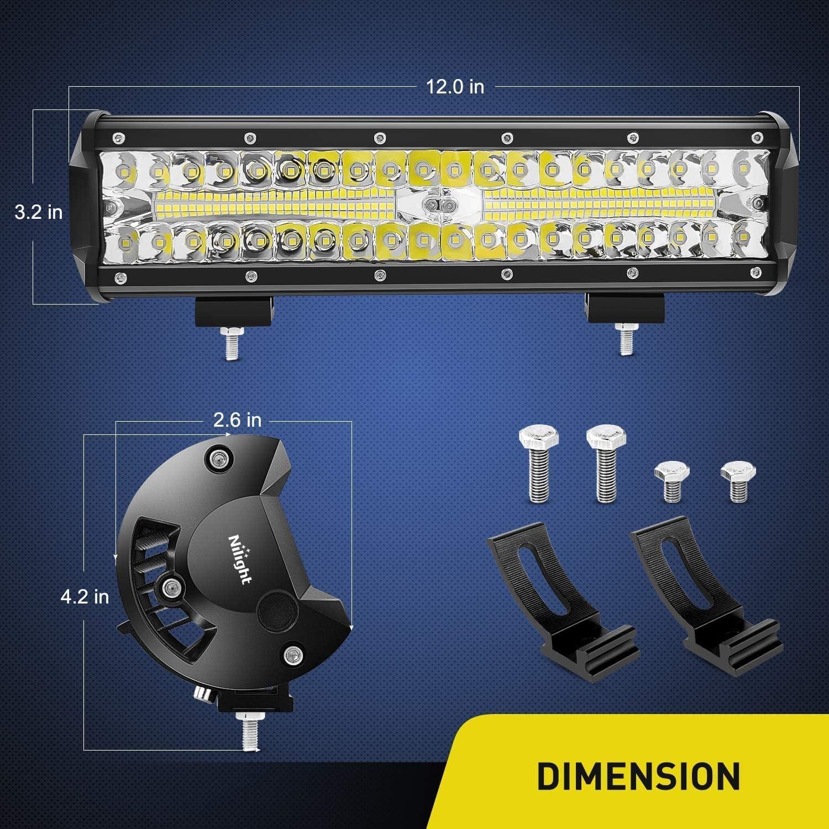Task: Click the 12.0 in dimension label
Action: click(x=454, y=87)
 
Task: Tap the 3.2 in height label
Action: click(x=39, y=212)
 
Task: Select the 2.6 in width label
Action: click(x=237, y=420)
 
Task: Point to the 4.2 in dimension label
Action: click(x=85, y=596)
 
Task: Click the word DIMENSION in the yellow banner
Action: click(x=638, y=775)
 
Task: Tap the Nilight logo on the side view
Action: click(x=240, y=558)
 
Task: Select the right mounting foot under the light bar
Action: click(x=625, y=308)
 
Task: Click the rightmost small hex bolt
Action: click(x=738, y=481)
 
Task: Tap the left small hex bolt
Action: click(x=671, y=481)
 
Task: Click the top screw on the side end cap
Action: click(x=217, y=457)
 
